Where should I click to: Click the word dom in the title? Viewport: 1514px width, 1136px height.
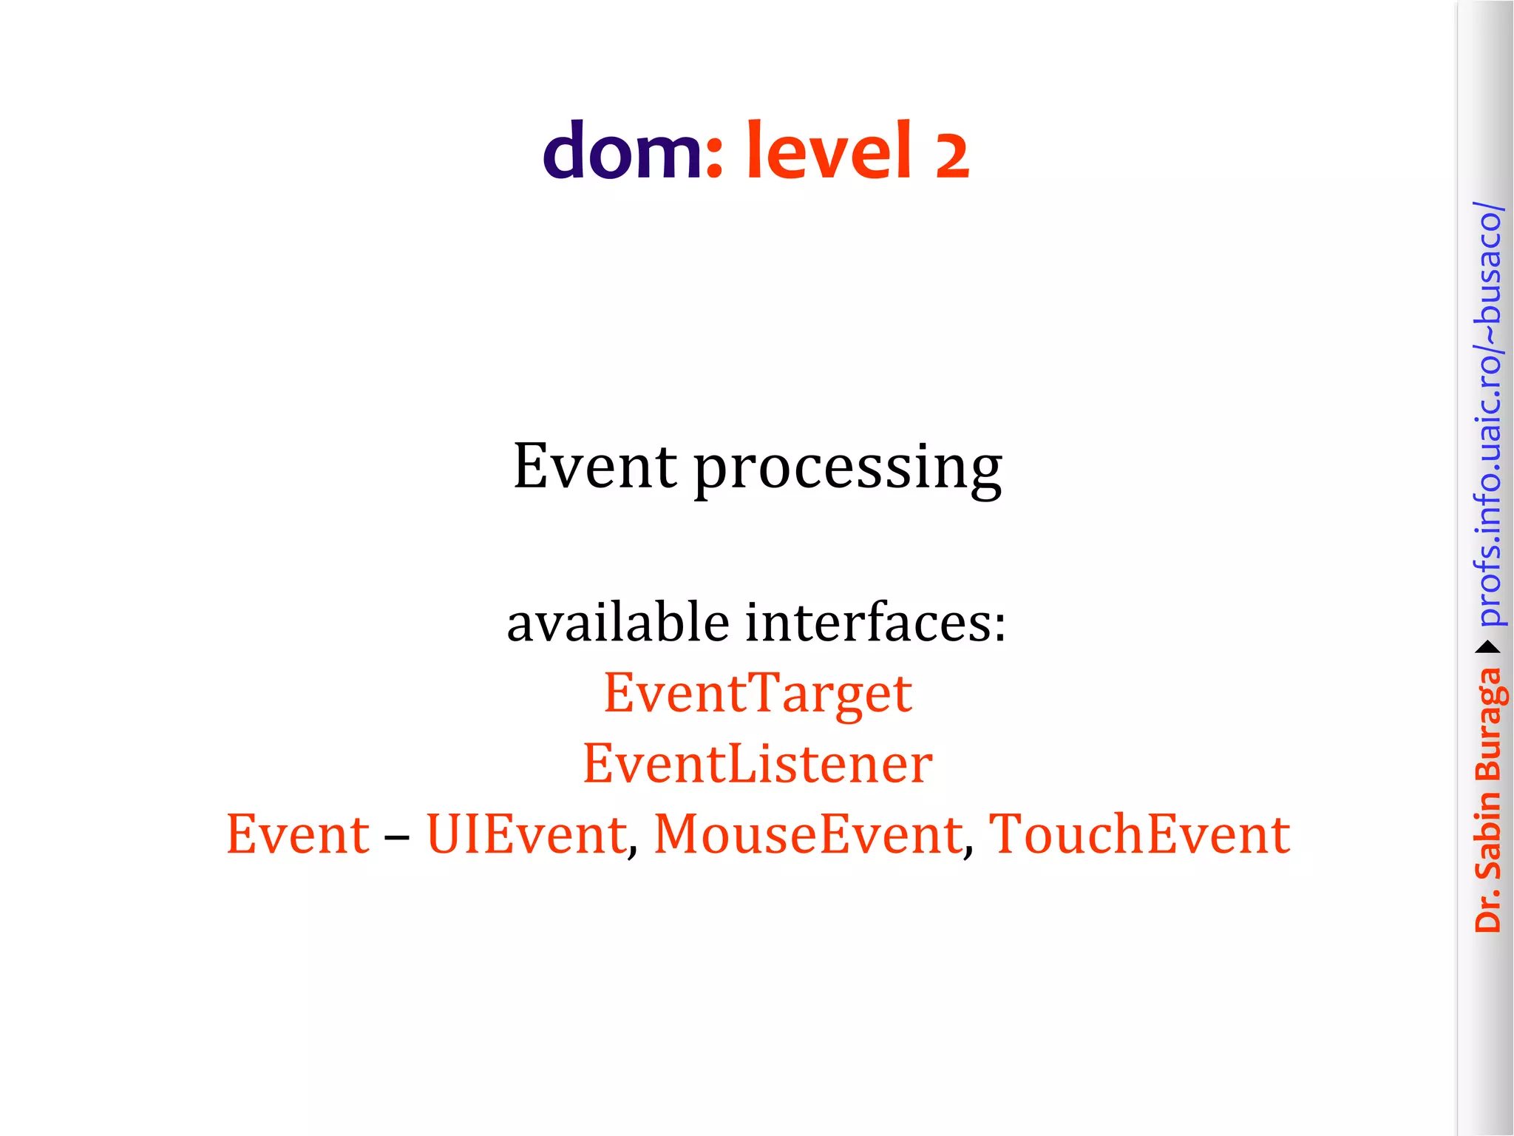[621, 152]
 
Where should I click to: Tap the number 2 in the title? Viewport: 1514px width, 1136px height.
[951, 156]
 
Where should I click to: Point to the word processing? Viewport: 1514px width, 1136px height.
[848, 469]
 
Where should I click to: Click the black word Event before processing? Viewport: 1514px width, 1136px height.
[594, 466]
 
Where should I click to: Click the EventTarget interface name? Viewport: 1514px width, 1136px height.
[758, 694]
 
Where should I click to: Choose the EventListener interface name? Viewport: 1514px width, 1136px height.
[758, 764]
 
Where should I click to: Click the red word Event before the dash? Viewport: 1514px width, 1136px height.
[298, 834]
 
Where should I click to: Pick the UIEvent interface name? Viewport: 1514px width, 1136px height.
[527, 834]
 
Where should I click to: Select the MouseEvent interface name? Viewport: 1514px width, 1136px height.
[809, 834]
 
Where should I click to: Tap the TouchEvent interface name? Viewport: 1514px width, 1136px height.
[1139, 834]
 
